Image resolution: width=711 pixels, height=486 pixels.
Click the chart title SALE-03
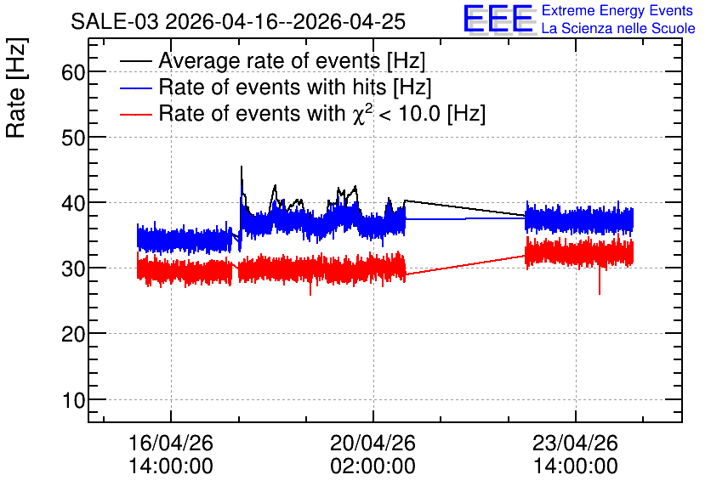[x=115, y=22]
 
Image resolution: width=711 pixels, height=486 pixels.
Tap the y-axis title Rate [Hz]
[x=16, y=88]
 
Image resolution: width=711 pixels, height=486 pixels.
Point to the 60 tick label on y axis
[x=73, y=72]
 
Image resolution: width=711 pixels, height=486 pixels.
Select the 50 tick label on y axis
[x=73, y=138]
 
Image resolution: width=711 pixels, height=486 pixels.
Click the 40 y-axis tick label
[x=73, y=203]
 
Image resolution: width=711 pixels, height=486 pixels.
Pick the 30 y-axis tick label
[x=73, y=269]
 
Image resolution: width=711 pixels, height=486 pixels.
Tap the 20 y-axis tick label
[x=73, y=335]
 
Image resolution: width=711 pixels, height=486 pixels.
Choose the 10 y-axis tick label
[x=73, y=400]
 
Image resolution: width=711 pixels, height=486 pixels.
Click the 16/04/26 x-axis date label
[x=171, y=443]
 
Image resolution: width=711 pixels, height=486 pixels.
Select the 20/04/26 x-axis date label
[x=373, y=443]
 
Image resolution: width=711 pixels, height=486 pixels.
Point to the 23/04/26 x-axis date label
[x=575, y=443]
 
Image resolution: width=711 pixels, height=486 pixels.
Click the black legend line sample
[x=135, y=61]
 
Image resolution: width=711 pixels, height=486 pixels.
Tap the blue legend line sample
[x=135, y=88]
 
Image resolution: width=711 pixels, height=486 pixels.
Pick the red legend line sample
[x=135, y=115]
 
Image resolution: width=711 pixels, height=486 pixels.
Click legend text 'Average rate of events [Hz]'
[x=292, y=61]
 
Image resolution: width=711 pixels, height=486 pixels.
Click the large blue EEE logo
[x=498, y=19]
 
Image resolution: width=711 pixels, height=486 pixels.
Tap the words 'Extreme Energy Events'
[x=617, y=10]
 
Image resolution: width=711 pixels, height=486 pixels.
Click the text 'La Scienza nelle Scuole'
[x=618, y=29]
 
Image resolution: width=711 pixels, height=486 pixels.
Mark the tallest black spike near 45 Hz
[x=242, y=167]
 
